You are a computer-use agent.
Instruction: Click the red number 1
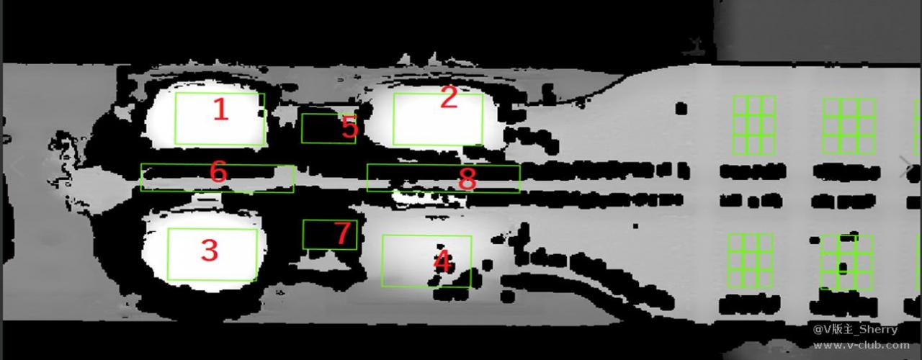point(221,110)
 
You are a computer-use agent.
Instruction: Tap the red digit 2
point(449,97)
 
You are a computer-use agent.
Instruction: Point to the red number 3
point(209,250)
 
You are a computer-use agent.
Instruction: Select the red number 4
point(443,261)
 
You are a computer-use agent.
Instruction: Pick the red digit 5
point(350,127)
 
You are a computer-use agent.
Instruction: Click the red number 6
point(218,171)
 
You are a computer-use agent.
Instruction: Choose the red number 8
point(467,179)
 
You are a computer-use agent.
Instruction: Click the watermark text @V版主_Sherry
point(855,330)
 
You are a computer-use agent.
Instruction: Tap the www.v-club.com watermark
point(861,345)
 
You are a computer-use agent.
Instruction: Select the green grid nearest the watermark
point(846,262)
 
